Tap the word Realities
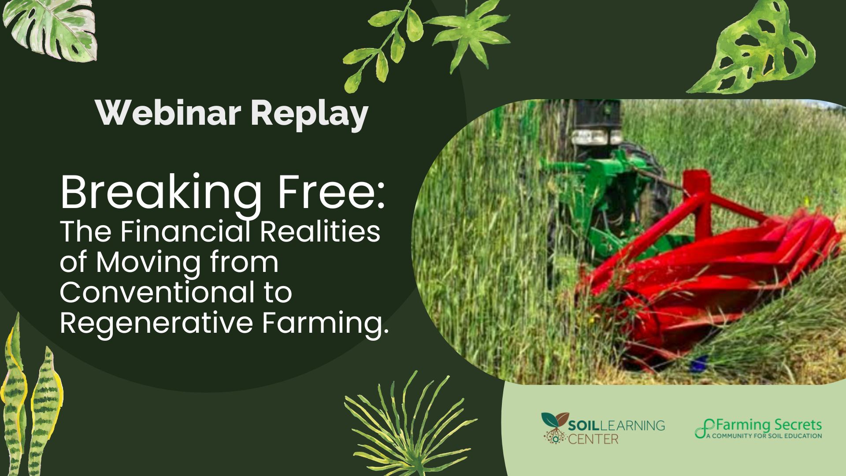click(x=320, y=232)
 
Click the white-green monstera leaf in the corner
click(x=53, y=29)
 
